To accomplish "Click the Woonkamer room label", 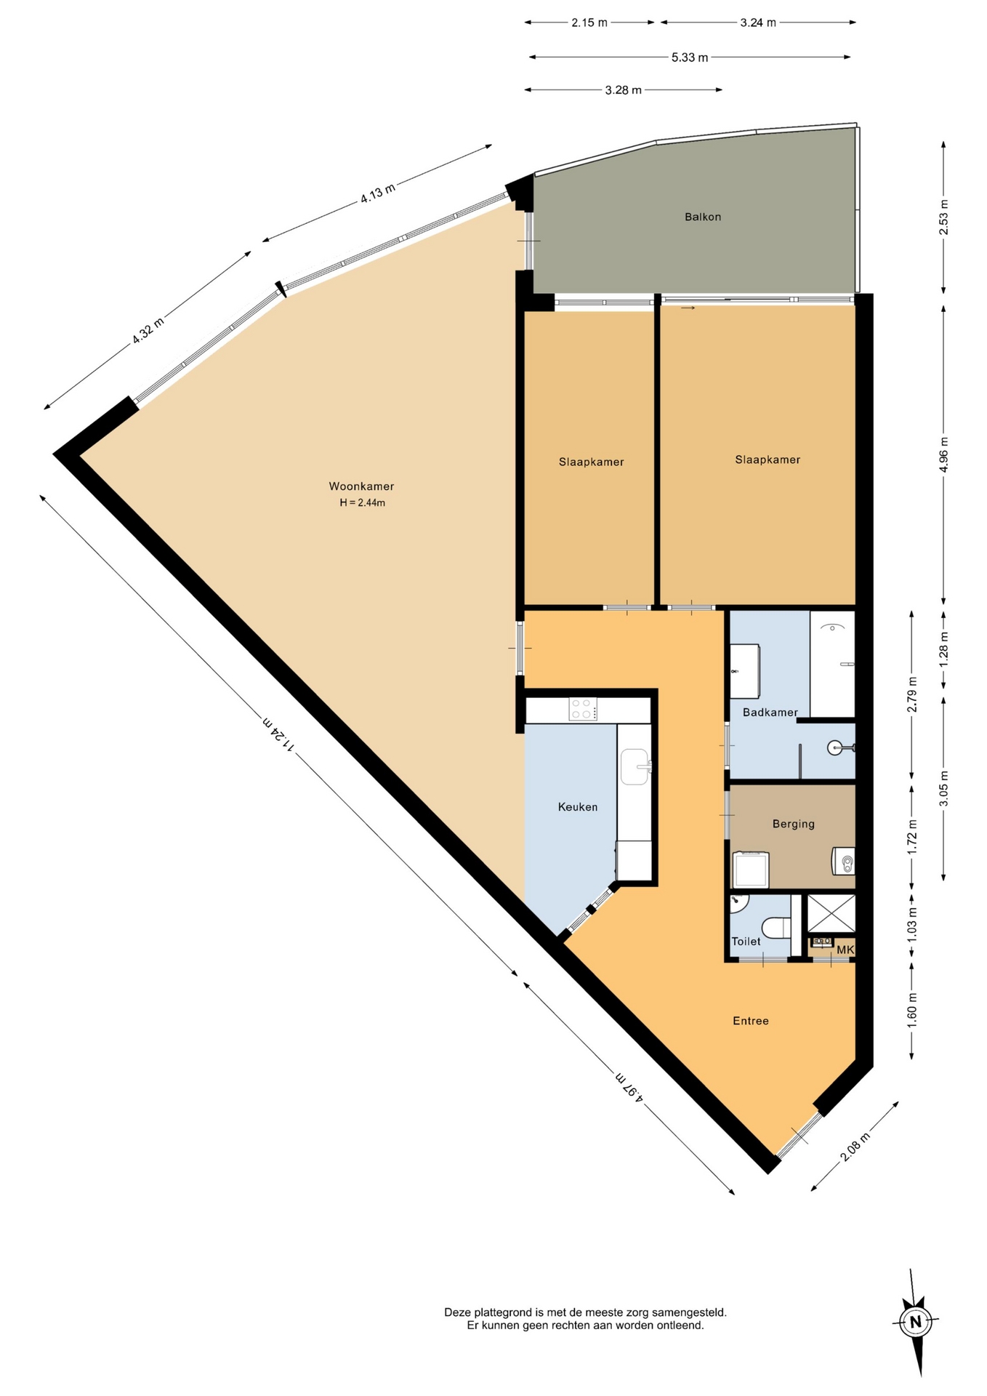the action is click(361, 486).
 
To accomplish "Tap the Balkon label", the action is click(703, 217).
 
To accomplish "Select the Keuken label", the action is click(578, 806).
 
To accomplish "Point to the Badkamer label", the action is click(770, 713).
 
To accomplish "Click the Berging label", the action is click(793, 824).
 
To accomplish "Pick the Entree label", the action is click(751, 1021).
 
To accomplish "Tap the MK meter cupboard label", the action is click(845, 950).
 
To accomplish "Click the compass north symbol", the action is click(916, 1321).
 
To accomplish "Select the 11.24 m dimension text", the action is click(278, 734).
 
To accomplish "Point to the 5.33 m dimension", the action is click(690, 57).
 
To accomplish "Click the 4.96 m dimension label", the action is click(944, 454).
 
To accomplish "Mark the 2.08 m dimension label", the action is click(855, 1147).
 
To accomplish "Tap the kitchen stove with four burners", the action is click(583, 709).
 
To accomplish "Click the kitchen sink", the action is click(635, 766).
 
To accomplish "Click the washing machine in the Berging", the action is click(751, 870).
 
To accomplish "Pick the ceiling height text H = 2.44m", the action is click(362, 502).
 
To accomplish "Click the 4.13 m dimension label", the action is click(378, 193).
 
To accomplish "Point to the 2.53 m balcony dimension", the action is click(944, 217).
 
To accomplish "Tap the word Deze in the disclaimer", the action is click(458, 1312).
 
